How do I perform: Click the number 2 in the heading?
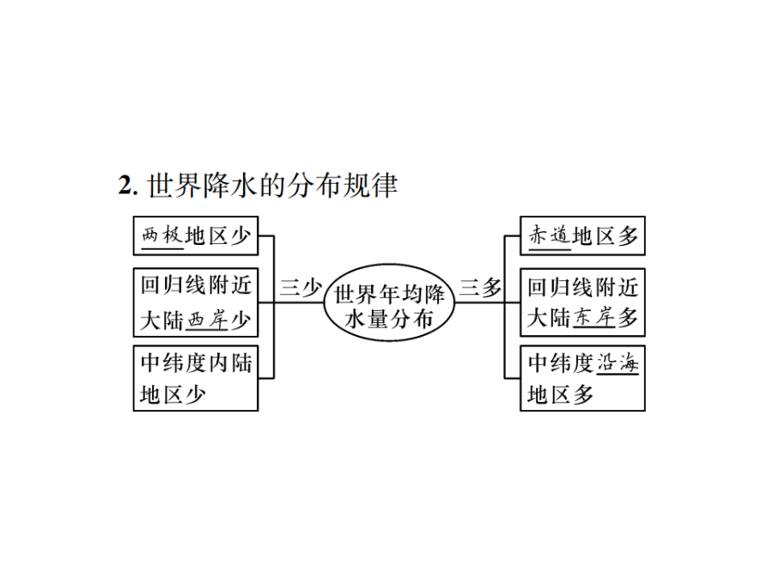(x=125, y=186)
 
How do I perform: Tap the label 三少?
(x=301, y=288)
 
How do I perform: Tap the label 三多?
(x=480, y=288)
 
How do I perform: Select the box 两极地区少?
(x=196, y=235)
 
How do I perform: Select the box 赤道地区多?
(x=582, y=235)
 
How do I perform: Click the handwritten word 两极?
(x=162, y=235)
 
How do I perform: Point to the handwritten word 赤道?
(x=550, y=235)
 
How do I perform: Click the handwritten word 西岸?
(x=207, y=321)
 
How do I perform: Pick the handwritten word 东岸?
(x=594, y=318)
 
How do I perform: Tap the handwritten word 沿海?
(x=618, y=363)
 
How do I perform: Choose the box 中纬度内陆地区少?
(x=196, y=378)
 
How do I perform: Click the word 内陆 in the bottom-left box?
(x=231, y=363)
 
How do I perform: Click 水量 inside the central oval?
(x=366, y=319)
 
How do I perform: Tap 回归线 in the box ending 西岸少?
(x=173, y=285)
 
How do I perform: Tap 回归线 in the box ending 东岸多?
(x=560, y=288)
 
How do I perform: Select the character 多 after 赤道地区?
(x=628, y=236)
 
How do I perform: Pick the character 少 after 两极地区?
(x=240, y=236)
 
